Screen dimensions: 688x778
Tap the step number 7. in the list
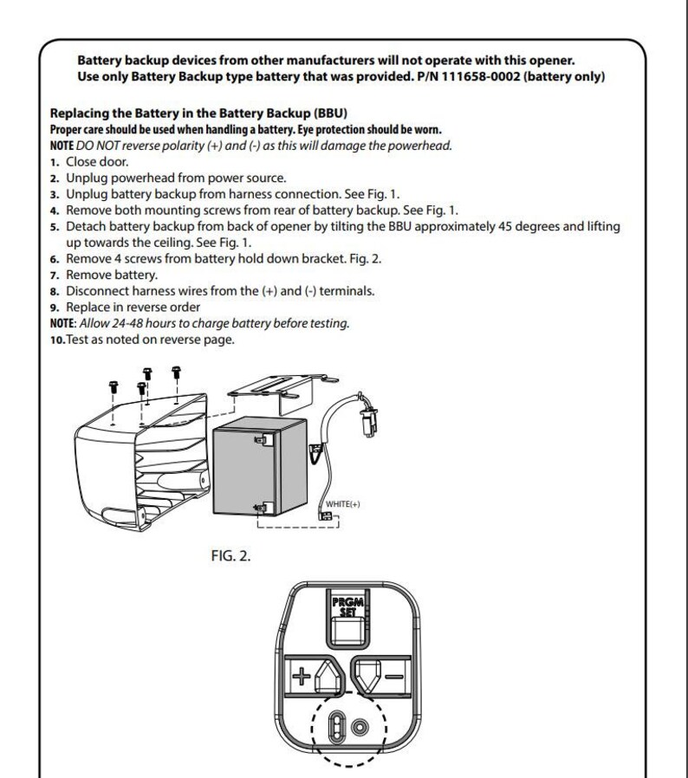(55, 276)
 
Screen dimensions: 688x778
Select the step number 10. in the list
(57, 340)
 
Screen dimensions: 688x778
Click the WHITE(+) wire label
(342, 504)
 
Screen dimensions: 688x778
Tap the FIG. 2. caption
(230, 555)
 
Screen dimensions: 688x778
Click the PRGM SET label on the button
(347, 606)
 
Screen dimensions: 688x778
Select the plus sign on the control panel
(301, 676)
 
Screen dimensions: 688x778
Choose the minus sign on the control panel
(394, 677)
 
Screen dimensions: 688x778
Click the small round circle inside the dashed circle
(360, 728)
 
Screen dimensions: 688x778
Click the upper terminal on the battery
(262, 439)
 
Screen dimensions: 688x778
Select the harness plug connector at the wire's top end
(369, 421)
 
